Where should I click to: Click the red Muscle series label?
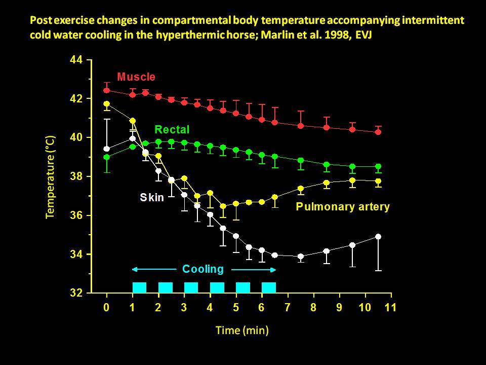tap(136, 77)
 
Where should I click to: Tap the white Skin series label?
tap(152, 198)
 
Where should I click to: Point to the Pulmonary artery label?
tap(343, 207)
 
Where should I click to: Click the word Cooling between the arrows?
tap(202, 269)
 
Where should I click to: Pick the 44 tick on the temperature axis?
tap(76, 60)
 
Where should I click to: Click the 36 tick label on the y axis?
tap(76, 215)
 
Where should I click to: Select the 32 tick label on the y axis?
tap(76, 293)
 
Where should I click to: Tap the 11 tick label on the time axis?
tap(390, 308)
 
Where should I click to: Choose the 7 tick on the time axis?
tap(287, 308)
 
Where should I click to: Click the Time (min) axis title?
tap(242, 331)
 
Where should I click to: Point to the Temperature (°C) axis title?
tap(50, 176)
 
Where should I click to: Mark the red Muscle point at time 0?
tap(106, 90)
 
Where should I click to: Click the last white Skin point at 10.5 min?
tap(378, 237)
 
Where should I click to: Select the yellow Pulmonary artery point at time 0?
tap(106, 104)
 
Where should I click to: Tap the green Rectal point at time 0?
tap(106, 157)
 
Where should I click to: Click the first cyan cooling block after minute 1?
tap(139, 287)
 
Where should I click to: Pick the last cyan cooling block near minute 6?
tap(269, 287)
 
